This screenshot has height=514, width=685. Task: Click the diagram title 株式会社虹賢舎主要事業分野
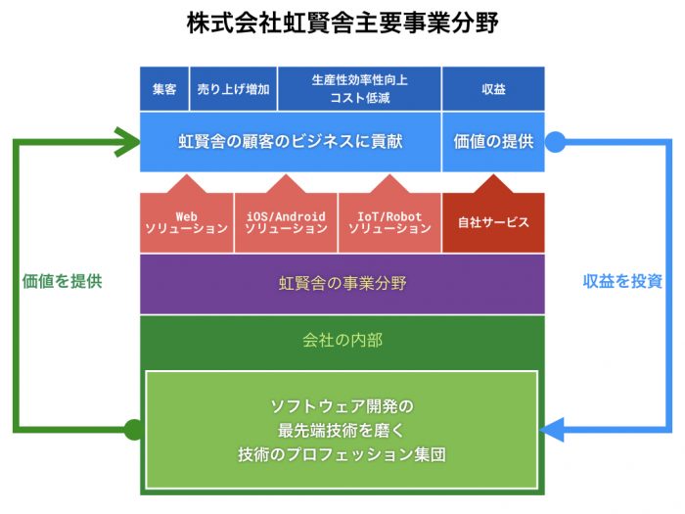(342, 23)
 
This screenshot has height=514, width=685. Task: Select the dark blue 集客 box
(164, 89)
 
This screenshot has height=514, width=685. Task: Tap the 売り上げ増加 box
(233, 89)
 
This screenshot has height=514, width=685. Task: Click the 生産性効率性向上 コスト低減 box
(359, 89)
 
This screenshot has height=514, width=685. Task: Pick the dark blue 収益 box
(493, 89)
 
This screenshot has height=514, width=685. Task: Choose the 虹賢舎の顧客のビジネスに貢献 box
(290, 142)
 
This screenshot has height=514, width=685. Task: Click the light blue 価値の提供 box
(493, 142)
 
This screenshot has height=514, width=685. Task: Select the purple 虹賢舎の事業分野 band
(342, 284)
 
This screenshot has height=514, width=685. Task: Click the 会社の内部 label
(342, 340)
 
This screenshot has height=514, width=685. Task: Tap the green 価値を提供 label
(62, 281)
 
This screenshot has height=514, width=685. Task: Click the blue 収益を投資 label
(622, 281)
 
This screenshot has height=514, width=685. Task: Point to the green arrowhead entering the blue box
(127, 142)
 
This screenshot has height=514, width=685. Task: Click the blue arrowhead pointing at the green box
(552, 430)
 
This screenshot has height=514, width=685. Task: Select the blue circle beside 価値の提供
(555, 142)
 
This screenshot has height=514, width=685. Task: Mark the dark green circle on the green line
(134, 430)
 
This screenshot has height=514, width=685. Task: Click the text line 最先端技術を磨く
(342, 431)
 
